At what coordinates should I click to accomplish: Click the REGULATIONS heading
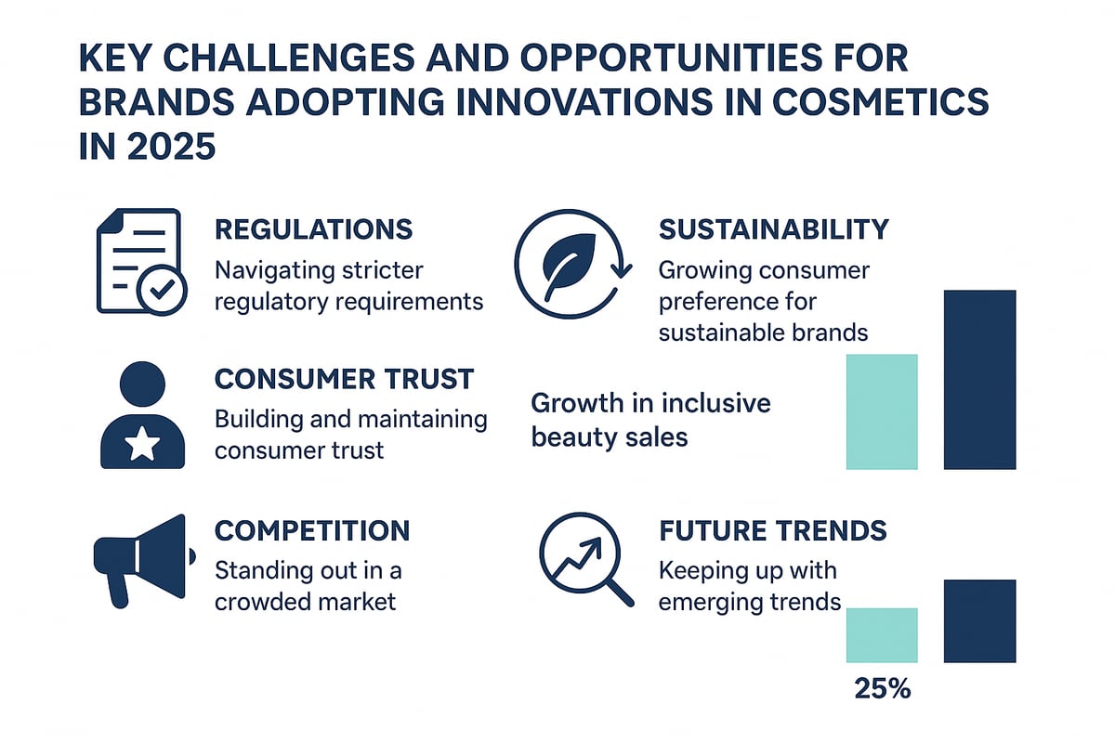pos(314,229)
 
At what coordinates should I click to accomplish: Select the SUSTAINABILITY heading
pos(773,229)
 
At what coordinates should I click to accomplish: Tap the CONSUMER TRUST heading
pos(344,379)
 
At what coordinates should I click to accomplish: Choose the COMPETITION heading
pos(312,530)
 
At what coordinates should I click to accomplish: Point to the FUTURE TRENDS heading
pos(772,530)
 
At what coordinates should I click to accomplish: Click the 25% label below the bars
pos(881,689)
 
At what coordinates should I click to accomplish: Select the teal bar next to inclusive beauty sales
pos(882,411)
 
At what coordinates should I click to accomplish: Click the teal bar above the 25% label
pos(882,634)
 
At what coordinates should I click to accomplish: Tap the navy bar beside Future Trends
pos(979,620)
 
